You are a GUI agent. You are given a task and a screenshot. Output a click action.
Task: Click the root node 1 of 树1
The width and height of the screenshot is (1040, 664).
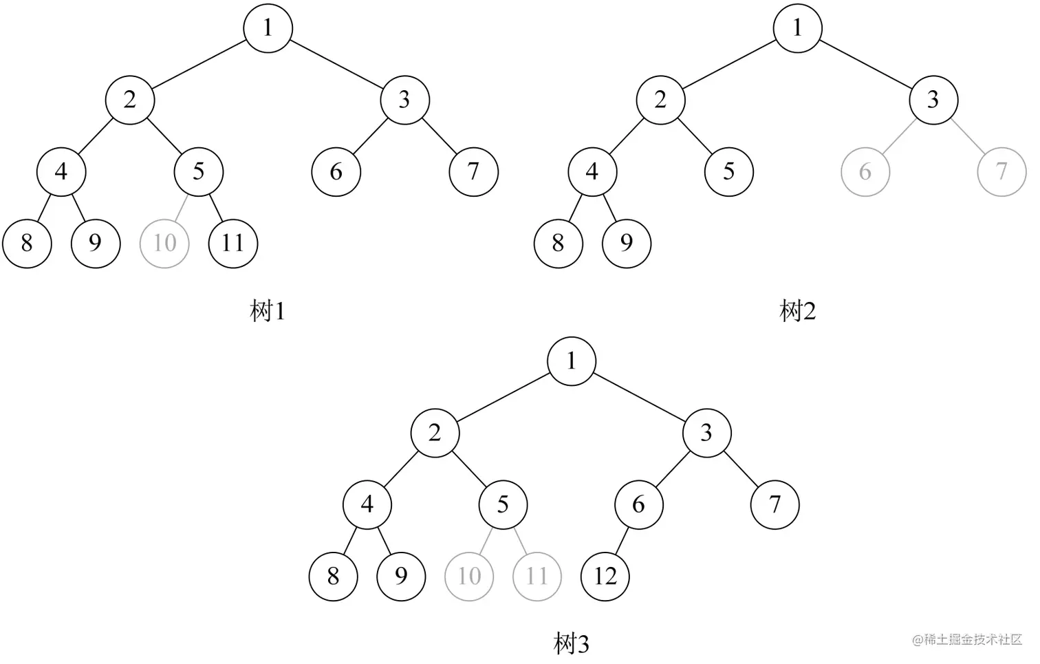coord(268,28)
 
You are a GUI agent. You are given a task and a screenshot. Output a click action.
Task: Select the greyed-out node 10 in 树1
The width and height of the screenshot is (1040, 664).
coord(164,243)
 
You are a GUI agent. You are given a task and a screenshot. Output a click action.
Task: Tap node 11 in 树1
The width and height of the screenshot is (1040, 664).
coord(233,243)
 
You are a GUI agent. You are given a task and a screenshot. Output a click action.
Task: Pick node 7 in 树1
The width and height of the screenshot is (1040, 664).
coord(473,171)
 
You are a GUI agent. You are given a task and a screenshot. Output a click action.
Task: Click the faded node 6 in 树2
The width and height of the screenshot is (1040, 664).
coord(865,171)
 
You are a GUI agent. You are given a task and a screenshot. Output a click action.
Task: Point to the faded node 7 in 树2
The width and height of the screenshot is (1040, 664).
coord(1001,171)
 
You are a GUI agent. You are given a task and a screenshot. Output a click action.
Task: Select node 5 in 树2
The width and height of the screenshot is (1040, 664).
coord(729,171)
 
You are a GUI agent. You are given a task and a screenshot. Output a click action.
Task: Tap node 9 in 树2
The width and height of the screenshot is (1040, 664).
coord(626,243)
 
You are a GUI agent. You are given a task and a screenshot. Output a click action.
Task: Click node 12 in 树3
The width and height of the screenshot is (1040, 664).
coord(605,576)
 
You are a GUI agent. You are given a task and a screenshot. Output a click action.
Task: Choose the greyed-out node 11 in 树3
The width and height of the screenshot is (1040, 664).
coord(537,576)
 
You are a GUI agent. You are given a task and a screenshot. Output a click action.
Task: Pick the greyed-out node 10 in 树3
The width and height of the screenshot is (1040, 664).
coord(469,576)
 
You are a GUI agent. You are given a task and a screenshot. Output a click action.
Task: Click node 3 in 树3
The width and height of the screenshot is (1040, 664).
coord(706,433)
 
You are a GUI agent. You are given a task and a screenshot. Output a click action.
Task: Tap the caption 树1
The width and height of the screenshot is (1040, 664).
coord(268,312)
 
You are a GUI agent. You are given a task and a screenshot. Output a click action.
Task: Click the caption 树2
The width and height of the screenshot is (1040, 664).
coord(798,312)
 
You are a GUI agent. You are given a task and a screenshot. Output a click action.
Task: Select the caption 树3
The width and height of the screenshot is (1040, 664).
coord(572,644)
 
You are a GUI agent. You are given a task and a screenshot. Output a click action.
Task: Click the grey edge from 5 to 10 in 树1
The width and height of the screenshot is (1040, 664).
coord(182,207)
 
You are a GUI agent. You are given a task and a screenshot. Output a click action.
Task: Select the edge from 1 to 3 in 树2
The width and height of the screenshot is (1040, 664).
coord(865,64)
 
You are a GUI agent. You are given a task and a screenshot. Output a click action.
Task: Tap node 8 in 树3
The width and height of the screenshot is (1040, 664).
coord(334,576)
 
